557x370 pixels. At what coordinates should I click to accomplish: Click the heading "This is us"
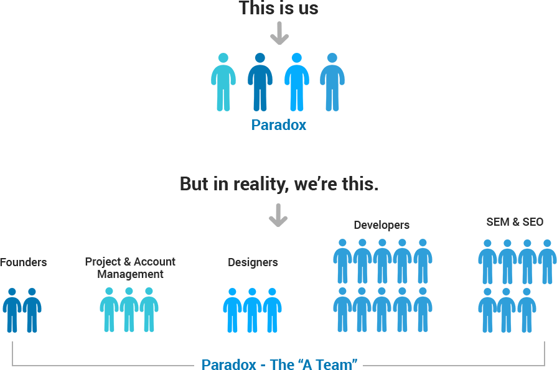tap(278, 9)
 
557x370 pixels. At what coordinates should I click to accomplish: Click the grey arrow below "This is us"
tap(279, 34)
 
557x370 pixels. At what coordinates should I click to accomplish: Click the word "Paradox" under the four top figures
tap(279, 125)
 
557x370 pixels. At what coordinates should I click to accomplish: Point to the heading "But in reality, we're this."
tap(279, 184)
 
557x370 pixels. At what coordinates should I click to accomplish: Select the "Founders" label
tap(23, 262)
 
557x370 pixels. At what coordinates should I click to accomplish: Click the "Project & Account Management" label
tap(130, 267)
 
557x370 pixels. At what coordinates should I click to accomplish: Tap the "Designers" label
tap(253, 262)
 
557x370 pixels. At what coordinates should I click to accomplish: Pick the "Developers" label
tap(381, 224)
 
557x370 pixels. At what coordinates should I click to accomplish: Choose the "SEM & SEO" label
tap(515, 222)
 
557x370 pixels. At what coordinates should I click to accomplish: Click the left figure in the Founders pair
tap(12, 310)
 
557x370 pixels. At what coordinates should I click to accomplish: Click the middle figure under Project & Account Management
tap(129, 309)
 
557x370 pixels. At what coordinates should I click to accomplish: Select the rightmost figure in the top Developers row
tap(423, 261)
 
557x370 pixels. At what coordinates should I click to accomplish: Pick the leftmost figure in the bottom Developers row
tap(342, 309)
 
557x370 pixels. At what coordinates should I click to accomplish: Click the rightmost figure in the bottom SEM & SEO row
tap(527, 309)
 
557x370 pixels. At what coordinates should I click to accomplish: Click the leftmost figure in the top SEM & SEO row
tap(487, 261)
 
